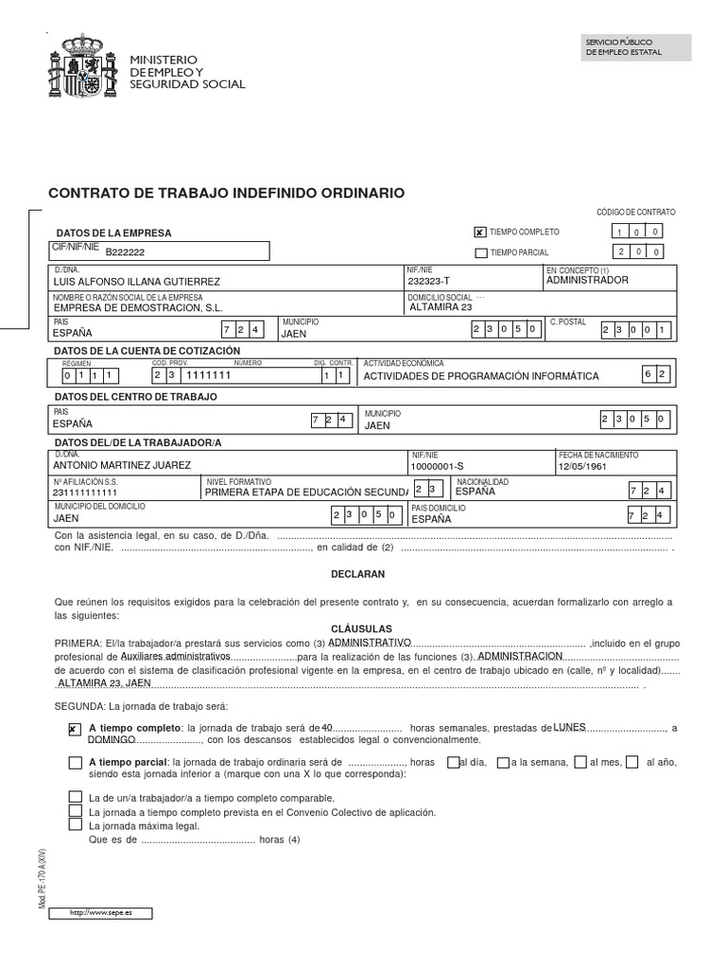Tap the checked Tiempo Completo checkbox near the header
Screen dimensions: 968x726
[480, 232]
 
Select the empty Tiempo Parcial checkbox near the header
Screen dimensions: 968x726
[481, 252]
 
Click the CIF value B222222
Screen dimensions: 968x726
[125, 253]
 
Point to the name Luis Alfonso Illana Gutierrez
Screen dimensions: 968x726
[136, 282]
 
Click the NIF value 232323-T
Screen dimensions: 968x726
[428, 281]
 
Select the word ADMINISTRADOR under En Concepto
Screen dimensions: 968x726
[587, 281]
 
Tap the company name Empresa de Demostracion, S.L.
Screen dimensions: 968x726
[138, 307]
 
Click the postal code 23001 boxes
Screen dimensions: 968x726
[636, 330]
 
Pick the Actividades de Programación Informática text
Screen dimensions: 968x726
[481, 376]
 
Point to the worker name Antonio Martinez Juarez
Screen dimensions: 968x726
[122, 465]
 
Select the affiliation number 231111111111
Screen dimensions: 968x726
[86, 493]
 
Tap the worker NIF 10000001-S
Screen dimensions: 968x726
[436, 466]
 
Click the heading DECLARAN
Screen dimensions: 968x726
[357, 574]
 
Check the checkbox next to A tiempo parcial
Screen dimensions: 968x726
[75, 762]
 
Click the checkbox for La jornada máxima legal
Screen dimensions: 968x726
[75, 824]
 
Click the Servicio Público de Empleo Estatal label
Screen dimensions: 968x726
[624, 47]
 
